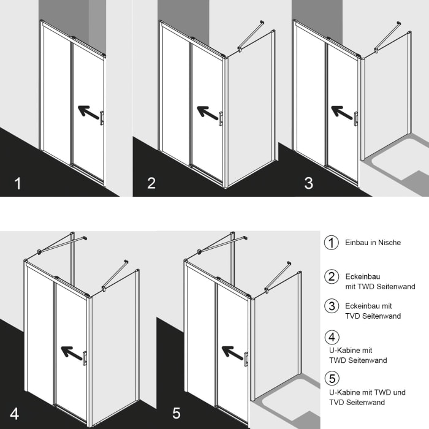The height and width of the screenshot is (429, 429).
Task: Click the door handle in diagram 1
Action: pyautogui.click(x=102, y=118)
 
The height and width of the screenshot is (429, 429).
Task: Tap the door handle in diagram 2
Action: pyautogui.click(x=221, y=119)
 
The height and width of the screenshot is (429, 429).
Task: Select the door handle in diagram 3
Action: pyautogui.click(x=356, y=119)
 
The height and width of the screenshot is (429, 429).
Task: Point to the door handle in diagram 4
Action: pyautogui.click(x=85, y=358)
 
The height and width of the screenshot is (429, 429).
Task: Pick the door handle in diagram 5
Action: pyautogui.click(x=246, y=359)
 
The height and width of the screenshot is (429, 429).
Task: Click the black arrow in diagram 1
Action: pyautogui.click(x=88, y=112)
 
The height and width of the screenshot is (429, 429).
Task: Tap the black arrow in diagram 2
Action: pyautogui.click(x=208, y=113)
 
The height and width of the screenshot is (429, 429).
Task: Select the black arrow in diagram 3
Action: pyautogui.click(x=342, y=112)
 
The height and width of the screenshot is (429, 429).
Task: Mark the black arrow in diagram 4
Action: pyautogui.click(x=72, y=352)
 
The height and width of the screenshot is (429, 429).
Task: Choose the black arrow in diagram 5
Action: pyautogui.click(x=232, y=353)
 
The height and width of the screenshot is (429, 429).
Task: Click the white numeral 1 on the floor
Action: pyautogui.click(x=18, y=183)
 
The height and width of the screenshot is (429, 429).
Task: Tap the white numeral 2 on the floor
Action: pyautogui.click(x=151, y=183)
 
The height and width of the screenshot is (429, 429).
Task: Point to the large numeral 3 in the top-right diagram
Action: pyautogui.click(x=309, y=183)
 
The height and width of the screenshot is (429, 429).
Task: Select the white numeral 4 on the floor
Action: pyautogui.click(x=14, y=414)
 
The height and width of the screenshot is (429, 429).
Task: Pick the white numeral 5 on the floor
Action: pyautogui.click(x=177, y=413)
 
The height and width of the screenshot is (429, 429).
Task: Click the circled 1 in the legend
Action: pyautogui.click(x=332, y=243)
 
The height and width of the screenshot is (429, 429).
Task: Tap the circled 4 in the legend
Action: pyautogui.click(x=332, y=337)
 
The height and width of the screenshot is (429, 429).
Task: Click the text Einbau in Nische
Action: pyautogui.click(x=373, y=243)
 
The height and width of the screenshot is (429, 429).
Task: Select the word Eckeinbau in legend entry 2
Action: pyautogui.click(x=363, y=276)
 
